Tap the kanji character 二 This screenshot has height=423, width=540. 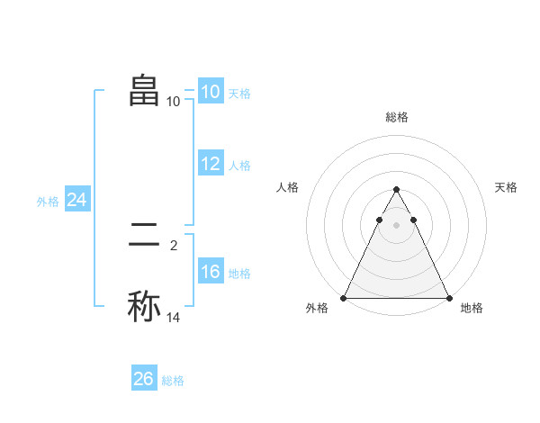point(144,236)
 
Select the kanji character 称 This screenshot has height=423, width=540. point(144,305)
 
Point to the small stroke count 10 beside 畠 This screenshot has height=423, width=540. point(174,101)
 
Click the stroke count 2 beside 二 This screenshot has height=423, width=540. point(174,244)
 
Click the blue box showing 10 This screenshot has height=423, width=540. point(210,92)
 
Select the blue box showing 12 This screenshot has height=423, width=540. point(210,164)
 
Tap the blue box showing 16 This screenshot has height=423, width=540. point(210,272)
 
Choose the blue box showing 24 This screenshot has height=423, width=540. point(77,200)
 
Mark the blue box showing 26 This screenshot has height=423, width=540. point(144,379)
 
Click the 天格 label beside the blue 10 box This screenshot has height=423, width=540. point(239,94)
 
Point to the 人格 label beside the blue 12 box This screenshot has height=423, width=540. point(239,166)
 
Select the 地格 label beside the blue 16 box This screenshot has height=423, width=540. point(239,274)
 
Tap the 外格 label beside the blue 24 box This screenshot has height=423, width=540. point(48,202)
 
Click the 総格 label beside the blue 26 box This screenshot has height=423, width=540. point(173,381)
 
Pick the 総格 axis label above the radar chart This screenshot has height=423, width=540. point(396,117)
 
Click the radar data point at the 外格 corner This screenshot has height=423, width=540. point(344,297)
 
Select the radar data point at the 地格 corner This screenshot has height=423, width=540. point(448,297)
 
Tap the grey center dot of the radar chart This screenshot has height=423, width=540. point(396,225)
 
